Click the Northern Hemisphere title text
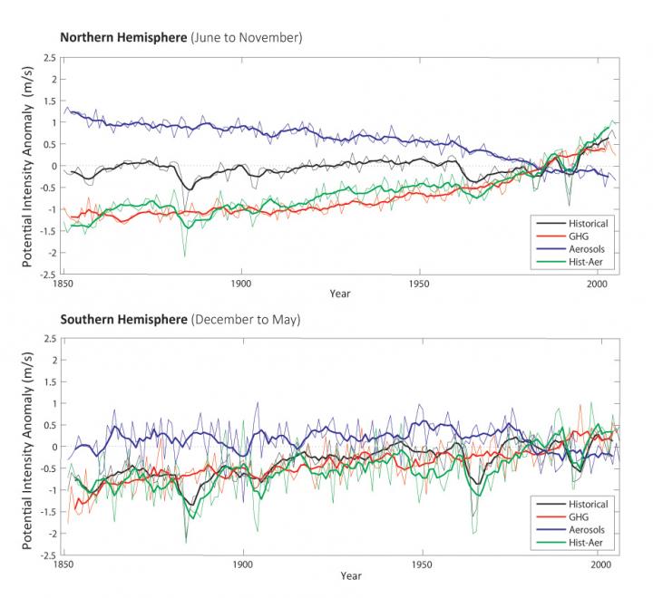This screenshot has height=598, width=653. [x=180, y=38]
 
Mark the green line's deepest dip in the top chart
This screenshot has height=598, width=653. [x=185, y=255]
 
